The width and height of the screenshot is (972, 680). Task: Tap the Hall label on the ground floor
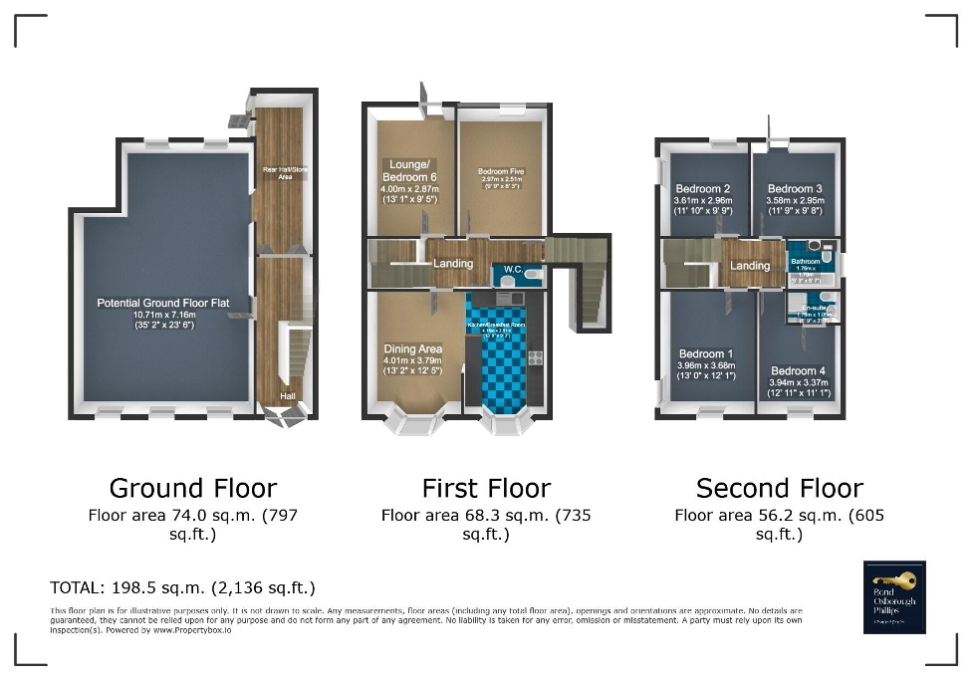pos(287,395)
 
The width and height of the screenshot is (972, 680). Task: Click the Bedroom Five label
pos(500,171)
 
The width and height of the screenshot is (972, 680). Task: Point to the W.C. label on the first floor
pos(514,269)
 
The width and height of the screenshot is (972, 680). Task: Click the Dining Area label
pos(412,349)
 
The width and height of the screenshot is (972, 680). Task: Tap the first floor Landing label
pos(453,263)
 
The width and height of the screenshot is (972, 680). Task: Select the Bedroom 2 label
pos(704,189)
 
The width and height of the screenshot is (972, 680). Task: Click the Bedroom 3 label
pos(795,189)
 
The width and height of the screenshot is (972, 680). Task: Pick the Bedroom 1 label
pos(706,353)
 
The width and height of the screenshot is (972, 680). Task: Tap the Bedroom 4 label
pos(799,371)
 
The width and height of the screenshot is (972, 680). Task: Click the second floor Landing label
pos(750,266)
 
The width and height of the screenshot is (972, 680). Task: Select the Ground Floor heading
pos(192,488)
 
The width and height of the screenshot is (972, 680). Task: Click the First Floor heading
pos(486,488)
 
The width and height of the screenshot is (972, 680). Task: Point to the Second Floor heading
pos(779,488)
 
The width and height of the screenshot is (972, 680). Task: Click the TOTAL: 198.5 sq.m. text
pos(182,587)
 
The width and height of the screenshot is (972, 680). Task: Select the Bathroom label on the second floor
pos(806,262)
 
